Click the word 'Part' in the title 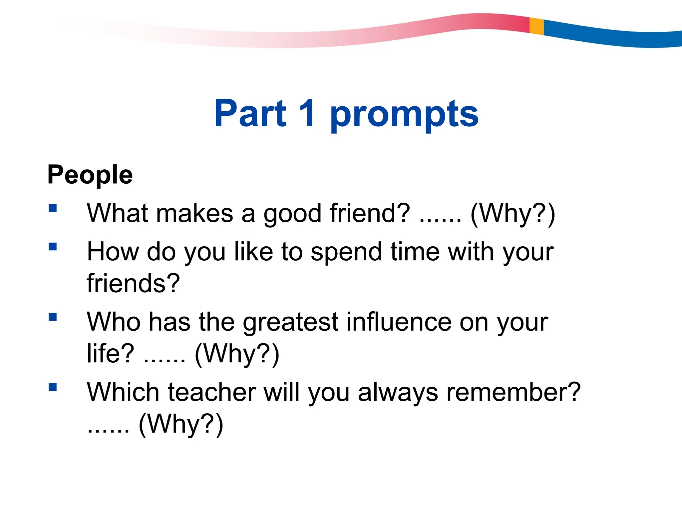point(250,114)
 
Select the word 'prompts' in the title point(404,115)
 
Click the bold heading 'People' point(90,175)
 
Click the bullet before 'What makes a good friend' point(53,208)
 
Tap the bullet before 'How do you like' point(53,247)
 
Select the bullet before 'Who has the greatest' point(53,317)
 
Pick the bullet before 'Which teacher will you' point(53,387)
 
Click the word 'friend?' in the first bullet point(370,213)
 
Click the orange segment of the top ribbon point(536,26)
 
